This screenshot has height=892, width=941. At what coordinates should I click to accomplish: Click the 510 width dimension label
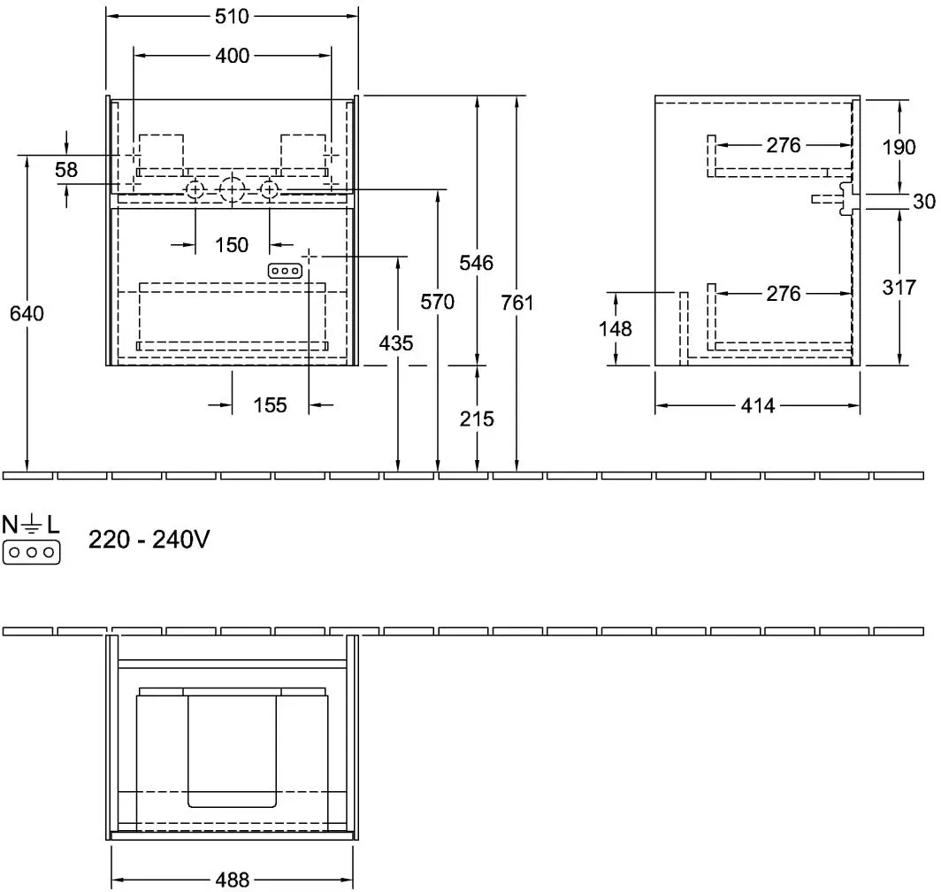click(x=232, y=16)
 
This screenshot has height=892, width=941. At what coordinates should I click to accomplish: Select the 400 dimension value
click(x=233, y=56)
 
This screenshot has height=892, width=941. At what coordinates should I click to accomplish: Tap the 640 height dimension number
click(x=27, y=313)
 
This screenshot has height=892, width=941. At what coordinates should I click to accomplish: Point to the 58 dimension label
click(x=66, y=169)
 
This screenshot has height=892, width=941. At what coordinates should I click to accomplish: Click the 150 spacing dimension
click(x=232, y=244)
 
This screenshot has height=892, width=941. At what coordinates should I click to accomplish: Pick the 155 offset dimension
click(x=270, y=405)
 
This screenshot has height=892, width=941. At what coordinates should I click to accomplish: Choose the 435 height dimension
click(x=396, y=343)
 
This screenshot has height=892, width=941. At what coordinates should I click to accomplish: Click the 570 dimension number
click(x=438, y=302)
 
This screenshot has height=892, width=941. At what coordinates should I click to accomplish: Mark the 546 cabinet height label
click(x=477, y=263)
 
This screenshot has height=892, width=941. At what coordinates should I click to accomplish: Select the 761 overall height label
click(x=517, y=303)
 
